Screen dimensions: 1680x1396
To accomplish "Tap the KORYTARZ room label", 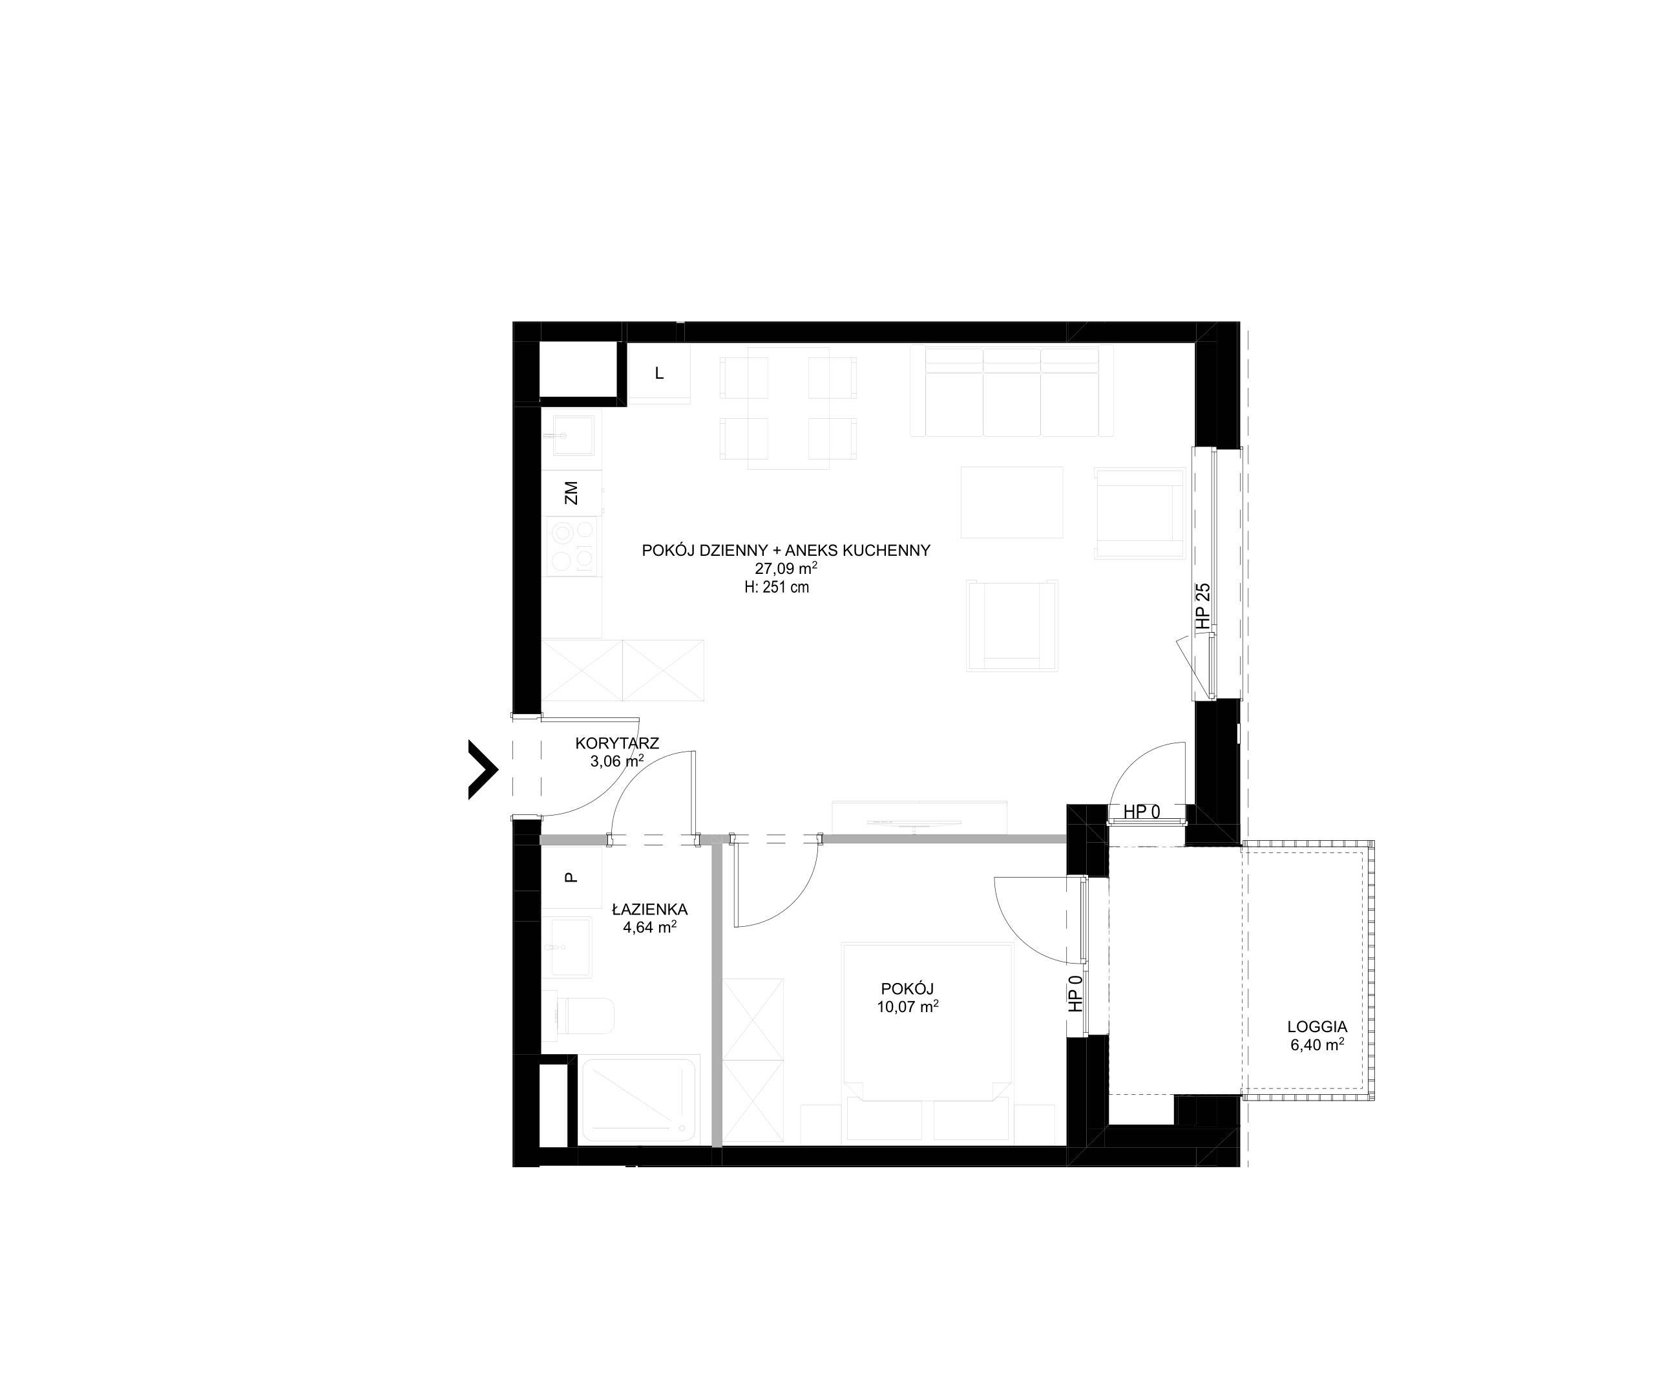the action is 617,743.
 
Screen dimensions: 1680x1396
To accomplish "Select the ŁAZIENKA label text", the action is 649,909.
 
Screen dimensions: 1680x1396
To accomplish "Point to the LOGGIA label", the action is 1317,1026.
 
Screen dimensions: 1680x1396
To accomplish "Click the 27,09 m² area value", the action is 786,568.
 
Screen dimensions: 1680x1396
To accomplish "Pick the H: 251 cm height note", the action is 776,587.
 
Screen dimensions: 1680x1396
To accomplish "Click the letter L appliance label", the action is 659,374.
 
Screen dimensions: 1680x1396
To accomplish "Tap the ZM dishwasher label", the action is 571,492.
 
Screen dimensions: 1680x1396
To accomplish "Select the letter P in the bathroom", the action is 571,877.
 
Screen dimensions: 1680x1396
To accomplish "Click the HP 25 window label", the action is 1202,605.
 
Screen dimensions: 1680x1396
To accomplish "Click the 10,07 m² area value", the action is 907,1006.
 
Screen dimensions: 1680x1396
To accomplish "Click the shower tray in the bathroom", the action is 639,1100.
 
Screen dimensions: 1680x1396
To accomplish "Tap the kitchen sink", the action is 572,435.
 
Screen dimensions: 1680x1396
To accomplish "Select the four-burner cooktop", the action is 571,545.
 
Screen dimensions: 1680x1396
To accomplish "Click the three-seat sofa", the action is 1012,391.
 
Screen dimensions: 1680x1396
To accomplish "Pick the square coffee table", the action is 1012,502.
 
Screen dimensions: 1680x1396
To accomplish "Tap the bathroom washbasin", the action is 569,947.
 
